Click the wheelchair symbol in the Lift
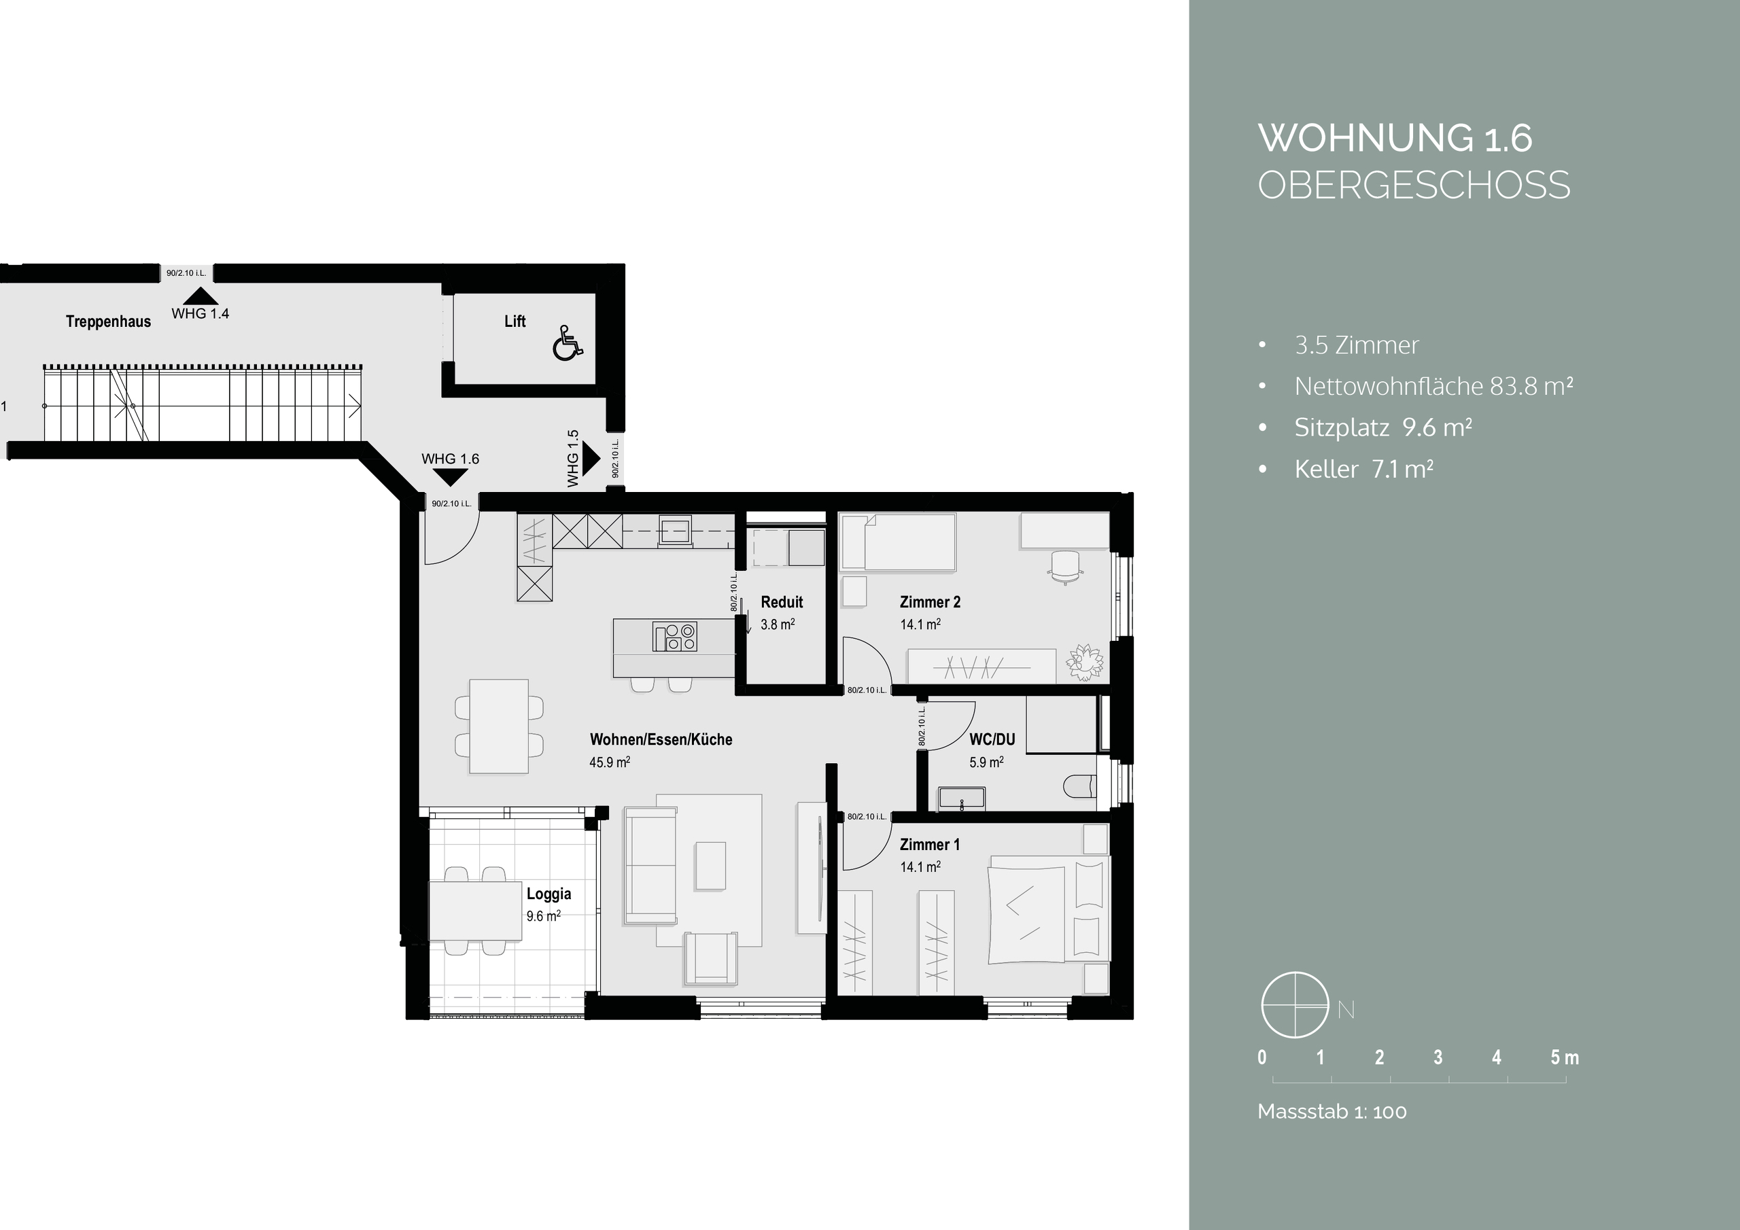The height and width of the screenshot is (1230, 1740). (x=568, y=342)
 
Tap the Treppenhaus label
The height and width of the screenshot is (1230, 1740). (x=108, y=321)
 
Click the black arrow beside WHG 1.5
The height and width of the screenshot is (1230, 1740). (x=591, y=459)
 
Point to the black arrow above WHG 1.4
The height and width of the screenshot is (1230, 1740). (x=200, y=296)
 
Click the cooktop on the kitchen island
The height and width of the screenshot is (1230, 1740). (x=674, y=637)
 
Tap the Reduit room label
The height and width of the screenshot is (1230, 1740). (x=782, y=601)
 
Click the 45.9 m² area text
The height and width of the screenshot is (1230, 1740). (x=609, y=762)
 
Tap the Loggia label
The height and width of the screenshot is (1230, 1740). (x=549, y=894)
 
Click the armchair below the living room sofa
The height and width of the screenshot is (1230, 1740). (x=710, y=959)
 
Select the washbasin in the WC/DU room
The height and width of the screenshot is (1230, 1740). (x=962, y=798)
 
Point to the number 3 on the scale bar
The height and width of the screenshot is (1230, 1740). (x=1438, y=1057)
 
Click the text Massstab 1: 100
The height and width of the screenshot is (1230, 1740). (x=1332, y=1112)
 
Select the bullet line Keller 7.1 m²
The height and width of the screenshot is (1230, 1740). (x=1363, y=469)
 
